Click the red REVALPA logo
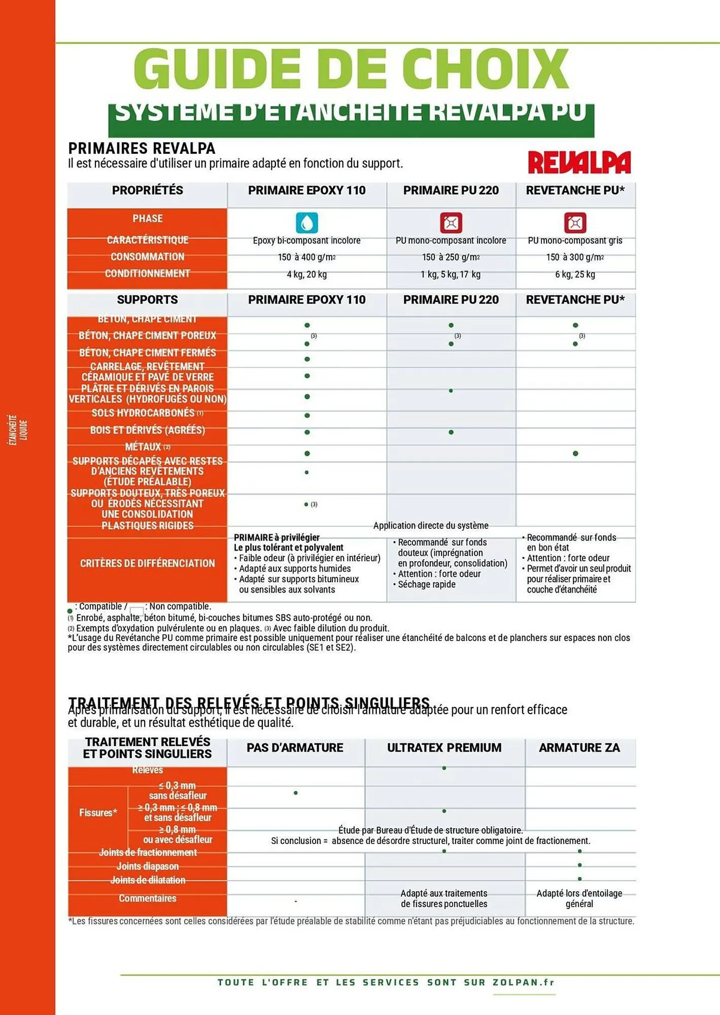point(579,162)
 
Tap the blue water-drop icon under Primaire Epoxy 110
point(306,223)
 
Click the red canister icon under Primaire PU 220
point(451,223)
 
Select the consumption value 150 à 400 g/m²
point(306,257)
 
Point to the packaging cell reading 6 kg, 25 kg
point(575,275)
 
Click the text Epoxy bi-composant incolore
point(306,241)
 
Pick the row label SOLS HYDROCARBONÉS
point(147,413)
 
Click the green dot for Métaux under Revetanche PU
point(575,453)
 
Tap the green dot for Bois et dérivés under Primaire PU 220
point(451,432)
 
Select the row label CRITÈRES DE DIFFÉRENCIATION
point(147,563)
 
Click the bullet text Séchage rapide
point(426,584)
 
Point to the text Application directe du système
point(431,526)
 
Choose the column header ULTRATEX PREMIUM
point(444,748)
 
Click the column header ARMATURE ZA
point(579,748)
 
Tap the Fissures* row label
point(98,813)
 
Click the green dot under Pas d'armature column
point(296,793)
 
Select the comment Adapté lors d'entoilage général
point(579,898)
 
